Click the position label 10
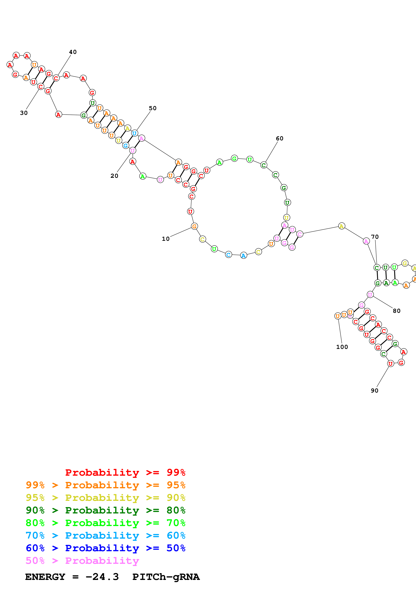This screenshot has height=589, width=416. (166, 239)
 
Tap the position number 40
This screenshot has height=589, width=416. (73, 52)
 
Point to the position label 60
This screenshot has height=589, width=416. (280, 139)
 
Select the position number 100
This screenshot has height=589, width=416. (342, 347)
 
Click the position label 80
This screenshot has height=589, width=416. (397, 311)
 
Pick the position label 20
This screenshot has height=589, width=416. (114, 176)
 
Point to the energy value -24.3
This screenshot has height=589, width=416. (102, 577)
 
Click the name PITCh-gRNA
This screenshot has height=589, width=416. (166, 577)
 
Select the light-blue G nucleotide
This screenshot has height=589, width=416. (125, 145)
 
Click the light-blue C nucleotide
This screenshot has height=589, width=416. (228, 255)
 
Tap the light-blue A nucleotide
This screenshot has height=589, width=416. (243, 256)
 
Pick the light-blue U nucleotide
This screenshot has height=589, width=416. (134, 133)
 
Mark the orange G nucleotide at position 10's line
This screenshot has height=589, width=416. (194, 226)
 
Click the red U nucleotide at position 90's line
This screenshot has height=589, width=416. (390, 364)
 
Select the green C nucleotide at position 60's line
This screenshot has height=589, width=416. (264, 165)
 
